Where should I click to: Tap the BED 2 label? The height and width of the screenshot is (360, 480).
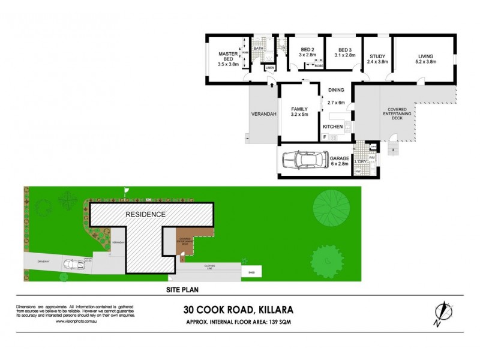307,50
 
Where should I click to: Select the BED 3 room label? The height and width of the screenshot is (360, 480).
344,50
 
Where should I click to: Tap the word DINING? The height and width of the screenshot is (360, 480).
336,91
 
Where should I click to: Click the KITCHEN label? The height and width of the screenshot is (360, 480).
332,127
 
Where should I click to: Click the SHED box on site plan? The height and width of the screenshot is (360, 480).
251,272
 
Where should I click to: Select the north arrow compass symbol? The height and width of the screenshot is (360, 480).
442,312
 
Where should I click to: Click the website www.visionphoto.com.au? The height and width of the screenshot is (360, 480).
76,321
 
